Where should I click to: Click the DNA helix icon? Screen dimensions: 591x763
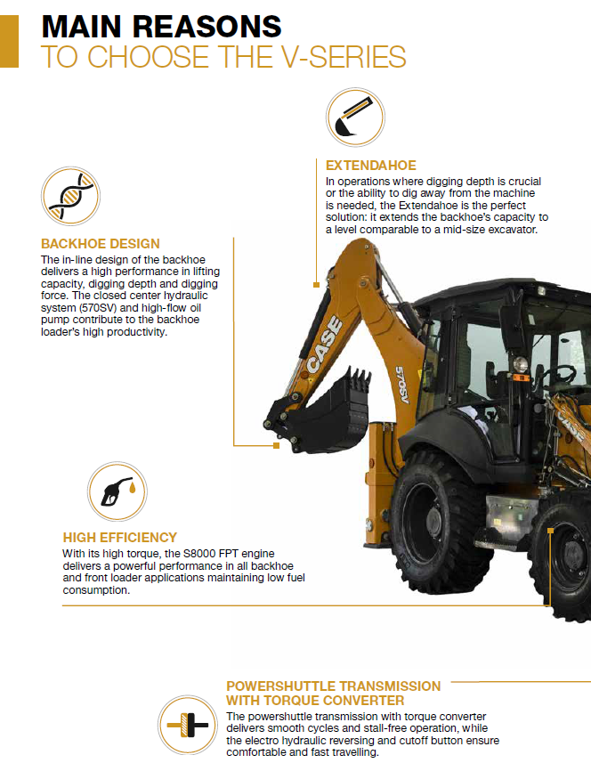(x=70, y=196)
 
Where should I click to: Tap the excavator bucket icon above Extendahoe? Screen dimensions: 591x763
(x=355, y=117)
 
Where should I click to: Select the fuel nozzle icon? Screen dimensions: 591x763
(x=117, y=491)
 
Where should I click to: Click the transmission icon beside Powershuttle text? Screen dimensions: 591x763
(x=187, y=725)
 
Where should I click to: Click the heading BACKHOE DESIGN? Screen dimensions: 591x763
(x=101, y=244)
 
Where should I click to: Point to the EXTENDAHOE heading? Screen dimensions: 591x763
(x=370, y=166)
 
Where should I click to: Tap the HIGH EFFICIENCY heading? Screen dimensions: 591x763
(x=119, y=537)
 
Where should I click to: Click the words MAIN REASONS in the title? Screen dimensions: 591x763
(x=161, y=27)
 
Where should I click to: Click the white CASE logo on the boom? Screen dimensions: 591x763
(x=325, y=345)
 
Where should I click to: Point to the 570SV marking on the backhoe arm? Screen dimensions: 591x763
(x=402, y=385)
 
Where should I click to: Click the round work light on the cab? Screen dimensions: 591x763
(x=521, y=363)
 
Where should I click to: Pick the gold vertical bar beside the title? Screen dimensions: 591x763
(x=9, y=41)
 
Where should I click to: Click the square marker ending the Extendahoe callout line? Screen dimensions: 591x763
(x=316, y=285)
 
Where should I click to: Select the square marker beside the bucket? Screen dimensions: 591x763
(x=276, y=445)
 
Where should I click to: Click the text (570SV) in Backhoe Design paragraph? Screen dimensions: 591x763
(x=97, y=308)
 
